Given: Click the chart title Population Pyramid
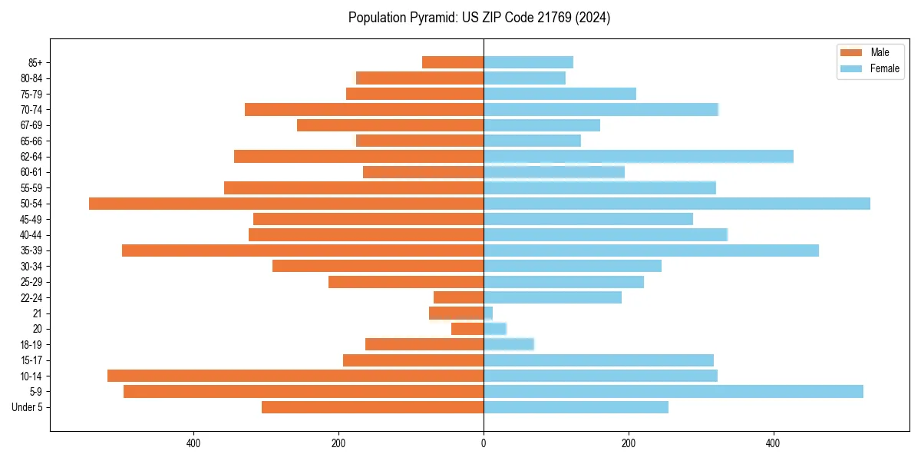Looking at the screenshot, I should [x=479, y=18].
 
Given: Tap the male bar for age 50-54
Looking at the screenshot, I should [x=286, y=204].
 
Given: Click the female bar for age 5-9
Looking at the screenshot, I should [x=673, y=392].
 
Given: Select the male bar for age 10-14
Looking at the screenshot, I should [x=295, y=376].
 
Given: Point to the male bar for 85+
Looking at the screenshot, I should [x=453, y=62].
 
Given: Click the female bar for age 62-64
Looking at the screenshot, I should [x=639, y=157].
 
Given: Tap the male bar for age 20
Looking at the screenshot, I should [x=467, y=329].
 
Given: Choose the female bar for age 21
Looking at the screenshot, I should [x=488, y=313].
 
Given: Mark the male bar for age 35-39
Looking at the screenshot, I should [x=302, y=250].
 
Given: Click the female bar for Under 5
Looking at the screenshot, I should [x=576, y=407].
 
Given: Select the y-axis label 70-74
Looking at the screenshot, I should [x=31, y=110].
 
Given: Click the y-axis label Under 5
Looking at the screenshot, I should [x=27, y=407].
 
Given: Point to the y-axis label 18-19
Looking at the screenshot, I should [x=31, y=345].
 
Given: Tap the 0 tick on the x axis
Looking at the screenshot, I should [x=484, y=443].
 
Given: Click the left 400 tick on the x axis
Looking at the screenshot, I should [x=193, y=443].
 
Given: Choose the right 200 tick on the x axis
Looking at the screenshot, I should [x=629, y=443].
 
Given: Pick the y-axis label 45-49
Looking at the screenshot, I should [x=31, y=219].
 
